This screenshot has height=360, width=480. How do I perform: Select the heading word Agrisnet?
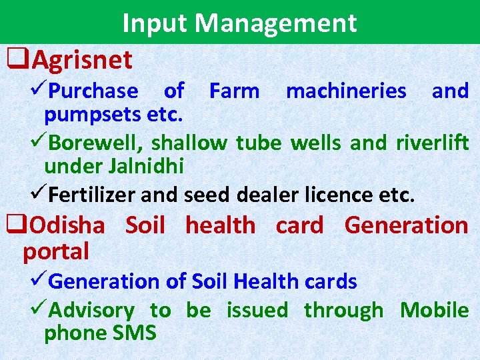click(82, 61)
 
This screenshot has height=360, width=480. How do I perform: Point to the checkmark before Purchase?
click(41, 90)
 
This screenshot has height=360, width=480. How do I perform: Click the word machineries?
click(345, 90)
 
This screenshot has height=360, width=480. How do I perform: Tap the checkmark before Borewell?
click(41, 142)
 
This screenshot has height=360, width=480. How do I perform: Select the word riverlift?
click(432, 142)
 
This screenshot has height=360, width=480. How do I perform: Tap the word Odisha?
click(67, 225)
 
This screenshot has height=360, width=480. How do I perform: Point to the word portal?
click(56, 251)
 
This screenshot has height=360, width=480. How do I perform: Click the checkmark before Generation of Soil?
click(41, 281)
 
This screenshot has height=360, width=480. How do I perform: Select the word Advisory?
click(91, 310)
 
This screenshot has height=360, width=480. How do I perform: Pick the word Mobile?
click(434, 310)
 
